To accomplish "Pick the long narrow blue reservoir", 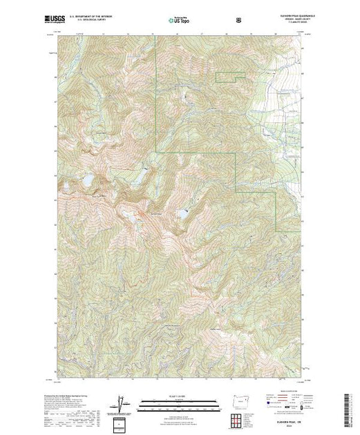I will [183, 215].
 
